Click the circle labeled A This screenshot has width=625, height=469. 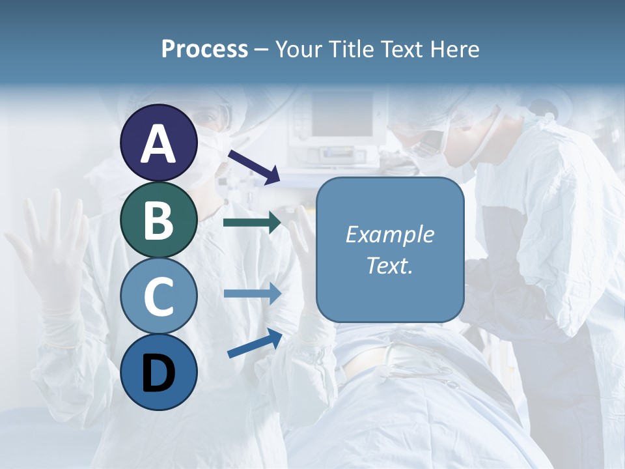(x=159, y=143)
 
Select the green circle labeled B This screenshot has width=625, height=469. (x=159, y=220)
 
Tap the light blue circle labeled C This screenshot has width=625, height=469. (x=159, y=296)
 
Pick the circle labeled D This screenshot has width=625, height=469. (x=159, y=372)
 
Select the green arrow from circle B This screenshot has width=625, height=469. (x=252, y=223)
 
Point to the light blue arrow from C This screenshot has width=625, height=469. (x=252, y=293)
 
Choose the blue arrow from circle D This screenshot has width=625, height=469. (x=255, y=343)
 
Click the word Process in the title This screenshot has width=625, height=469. (x=204, y=49)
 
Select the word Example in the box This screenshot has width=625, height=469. (x=389, y=234)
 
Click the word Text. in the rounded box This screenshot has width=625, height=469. (x=389, y=266)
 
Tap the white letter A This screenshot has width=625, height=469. (x=159, y=144)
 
